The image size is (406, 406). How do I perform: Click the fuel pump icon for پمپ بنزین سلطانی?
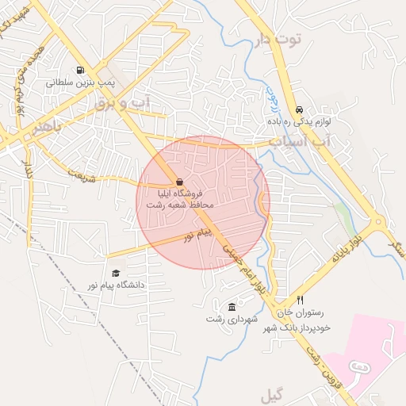pyautogui.click(x=79, y=69)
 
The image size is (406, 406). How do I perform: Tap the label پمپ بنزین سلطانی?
pyautogui.click(x=80, y=82)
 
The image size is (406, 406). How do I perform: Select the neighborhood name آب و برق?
pyautogui.click(x=122, y=102)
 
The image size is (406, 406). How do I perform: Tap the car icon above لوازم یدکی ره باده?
pyautogui.click(x=298, y=109)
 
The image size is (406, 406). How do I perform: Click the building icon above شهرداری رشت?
pyautogui.click(x=231, y=308)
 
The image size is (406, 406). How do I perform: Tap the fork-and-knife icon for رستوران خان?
pyautogui.click(x=300, y=301)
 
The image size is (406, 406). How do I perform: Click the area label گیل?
pyautogui.click(x=272, y=394)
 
